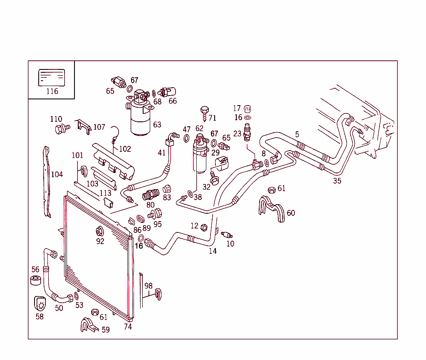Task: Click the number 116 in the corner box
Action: coord(52,91)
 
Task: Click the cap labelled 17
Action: coord(248,109)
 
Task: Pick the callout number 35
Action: coord(337,181)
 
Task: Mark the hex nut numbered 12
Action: coord(204,227)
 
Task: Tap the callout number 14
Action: coord(213,251)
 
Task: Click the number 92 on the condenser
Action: coord(100,241)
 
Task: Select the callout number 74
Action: coord(128,327)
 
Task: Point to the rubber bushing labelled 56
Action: coord(36,281)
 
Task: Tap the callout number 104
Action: coord(57,174)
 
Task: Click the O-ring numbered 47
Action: coord(186,138)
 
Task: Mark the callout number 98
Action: coord(149,286)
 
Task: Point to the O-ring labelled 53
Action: coord(77,296)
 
